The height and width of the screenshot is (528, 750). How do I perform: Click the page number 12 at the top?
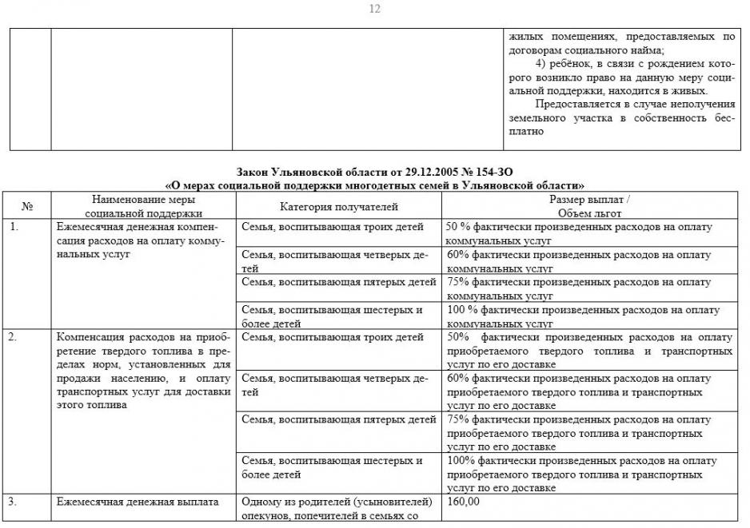375,9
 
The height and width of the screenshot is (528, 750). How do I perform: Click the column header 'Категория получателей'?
338,207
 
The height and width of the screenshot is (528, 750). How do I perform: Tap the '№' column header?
26,207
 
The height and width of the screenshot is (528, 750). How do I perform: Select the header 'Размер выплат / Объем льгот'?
588,207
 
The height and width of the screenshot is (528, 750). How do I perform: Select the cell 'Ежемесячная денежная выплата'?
137,502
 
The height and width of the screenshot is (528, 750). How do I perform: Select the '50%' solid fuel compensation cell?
588,351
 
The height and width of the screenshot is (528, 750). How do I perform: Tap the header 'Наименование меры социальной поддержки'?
144,207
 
